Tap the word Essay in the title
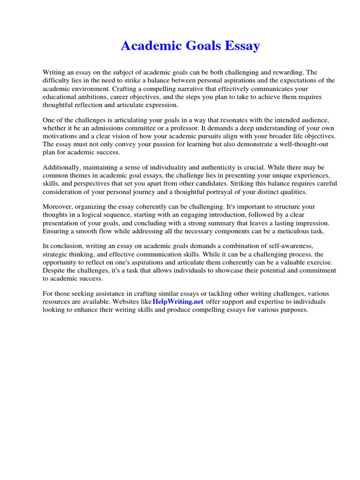pos(238,46)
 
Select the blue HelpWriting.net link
pos(178,301)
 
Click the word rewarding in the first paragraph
pos(288,73)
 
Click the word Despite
pos(53,270)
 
